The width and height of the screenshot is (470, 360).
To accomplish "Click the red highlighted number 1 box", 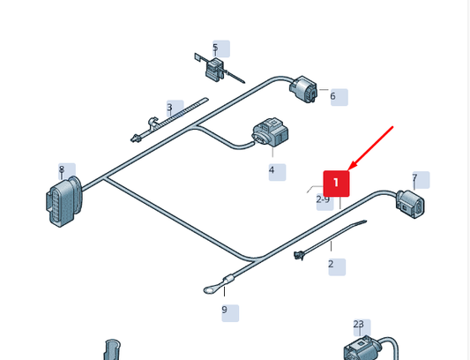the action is click(x=336, y=184).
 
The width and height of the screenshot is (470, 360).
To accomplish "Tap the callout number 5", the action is click(x=215, y=48).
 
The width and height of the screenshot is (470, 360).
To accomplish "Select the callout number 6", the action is click(x=332, y=96).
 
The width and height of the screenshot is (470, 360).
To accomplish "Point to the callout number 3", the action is click(x=169, y=107).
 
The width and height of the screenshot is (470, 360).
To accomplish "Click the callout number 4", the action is click(x=272, y=170).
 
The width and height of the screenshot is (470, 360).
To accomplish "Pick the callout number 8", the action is click(x=62, y=169).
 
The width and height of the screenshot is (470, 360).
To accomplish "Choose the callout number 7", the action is click(x=414, y=177).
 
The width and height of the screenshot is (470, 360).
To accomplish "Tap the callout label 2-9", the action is click(x=323, y=199).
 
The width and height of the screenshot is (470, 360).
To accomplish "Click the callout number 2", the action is click(x=331, y=264).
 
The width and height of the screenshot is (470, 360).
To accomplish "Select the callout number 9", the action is click(x=225, y=310).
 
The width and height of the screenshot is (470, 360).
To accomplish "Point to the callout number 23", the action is click(x=359, y=325).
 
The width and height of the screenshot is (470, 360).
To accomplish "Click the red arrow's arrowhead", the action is click(x=352, y=166).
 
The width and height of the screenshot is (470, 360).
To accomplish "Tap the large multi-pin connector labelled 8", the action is click(x=63, y=200).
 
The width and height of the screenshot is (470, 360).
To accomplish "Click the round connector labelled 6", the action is click(x=303, y=89).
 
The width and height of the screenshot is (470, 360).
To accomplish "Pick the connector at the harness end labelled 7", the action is click(x=410, y=204).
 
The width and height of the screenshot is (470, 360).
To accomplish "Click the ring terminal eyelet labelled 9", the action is click(x=210, y=289).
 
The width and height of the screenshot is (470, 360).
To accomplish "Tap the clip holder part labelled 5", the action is click(x=214, y=70).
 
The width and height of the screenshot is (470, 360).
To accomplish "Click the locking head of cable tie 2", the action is click(x=299, y=256).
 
